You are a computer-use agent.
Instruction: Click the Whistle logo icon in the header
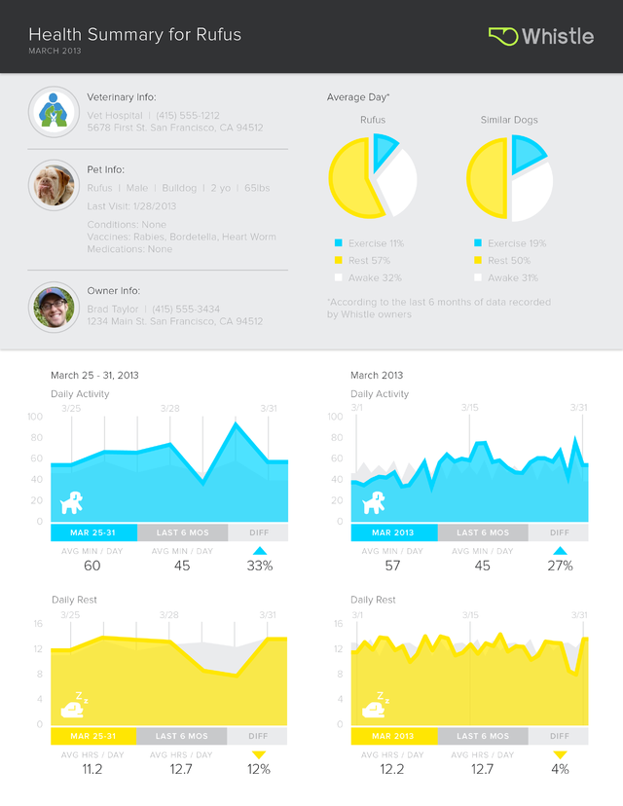pos(502,36)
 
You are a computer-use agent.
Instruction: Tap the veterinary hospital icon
pos(54,112)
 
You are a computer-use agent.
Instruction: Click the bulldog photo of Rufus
pos(54,184)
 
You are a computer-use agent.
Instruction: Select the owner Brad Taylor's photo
pos(54,307)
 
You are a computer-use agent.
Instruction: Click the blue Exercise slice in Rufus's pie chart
pos(384,150)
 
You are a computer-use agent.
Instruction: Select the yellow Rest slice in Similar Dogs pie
pos(487,180)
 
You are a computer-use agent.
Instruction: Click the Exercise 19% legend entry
pos(517,243)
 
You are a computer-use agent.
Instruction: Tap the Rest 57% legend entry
pos(368,261)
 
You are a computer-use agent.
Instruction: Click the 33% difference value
pos(259,566)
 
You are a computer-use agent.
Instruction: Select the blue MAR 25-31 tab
pos(92,532)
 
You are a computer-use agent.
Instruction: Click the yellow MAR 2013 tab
pos(393,737)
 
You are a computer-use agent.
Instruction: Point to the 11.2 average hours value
pos(92,769)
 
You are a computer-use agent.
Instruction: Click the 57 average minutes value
pos(392,566)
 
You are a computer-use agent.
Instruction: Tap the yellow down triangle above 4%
pos(559,754)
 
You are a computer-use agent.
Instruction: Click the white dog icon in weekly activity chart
pos(72,502)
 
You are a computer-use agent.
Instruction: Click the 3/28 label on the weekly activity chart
pos(169,408)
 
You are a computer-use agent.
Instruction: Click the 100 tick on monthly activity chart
pos(337,417)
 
